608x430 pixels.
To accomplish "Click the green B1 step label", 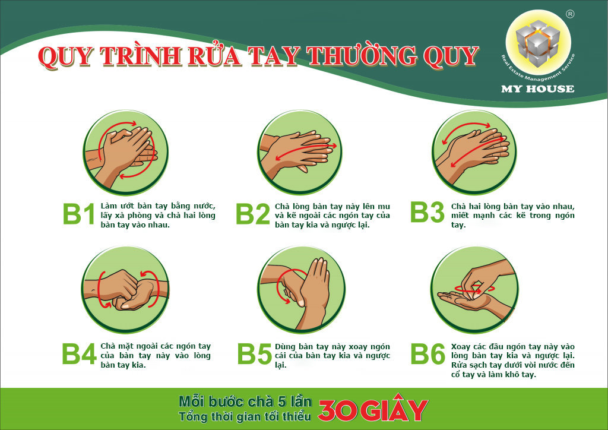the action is point(78,214).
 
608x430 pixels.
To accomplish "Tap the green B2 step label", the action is point(253,214).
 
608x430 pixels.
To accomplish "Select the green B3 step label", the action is point(427,212).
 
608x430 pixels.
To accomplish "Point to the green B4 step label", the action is point(79,353).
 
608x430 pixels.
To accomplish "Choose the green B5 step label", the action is point(254,353).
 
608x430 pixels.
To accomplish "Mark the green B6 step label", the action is point(427,353).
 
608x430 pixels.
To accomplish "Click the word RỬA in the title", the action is point(214,56).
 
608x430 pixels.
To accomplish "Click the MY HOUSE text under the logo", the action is point(537,89).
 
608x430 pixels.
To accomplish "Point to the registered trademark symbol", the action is point(570,14).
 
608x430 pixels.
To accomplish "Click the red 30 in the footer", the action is point(337,410).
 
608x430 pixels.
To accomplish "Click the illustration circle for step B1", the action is point(125,152).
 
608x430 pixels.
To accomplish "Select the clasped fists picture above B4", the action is point(126,289).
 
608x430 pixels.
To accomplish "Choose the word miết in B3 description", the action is point(460,215).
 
